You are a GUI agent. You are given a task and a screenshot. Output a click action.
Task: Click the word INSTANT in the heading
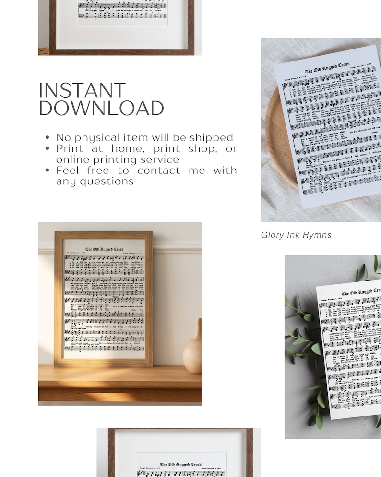82,91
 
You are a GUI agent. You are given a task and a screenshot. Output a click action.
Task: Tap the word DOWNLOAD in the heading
101,109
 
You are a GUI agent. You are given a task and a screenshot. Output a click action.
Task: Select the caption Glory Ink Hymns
296,235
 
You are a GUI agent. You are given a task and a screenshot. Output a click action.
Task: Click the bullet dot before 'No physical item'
47,138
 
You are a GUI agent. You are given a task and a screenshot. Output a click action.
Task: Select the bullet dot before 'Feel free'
47,171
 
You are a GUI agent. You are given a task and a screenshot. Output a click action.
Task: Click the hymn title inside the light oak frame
104,249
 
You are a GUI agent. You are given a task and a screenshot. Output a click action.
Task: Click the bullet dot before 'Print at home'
47,149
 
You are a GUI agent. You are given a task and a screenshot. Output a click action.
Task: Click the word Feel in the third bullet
67,171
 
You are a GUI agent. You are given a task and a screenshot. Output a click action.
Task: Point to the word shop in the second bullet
202,149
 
